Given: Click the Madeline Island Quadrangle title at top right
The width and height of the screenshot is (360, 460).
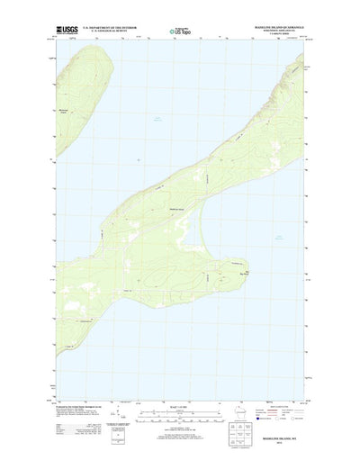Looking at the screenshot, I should tap(282, 27).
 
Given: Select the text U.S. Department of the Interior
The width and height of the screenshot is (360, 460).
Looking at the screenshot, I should tap(111, 28).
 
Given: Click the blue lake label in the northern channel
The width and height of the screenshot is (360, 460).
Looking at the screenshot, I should tap(157, 119).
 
